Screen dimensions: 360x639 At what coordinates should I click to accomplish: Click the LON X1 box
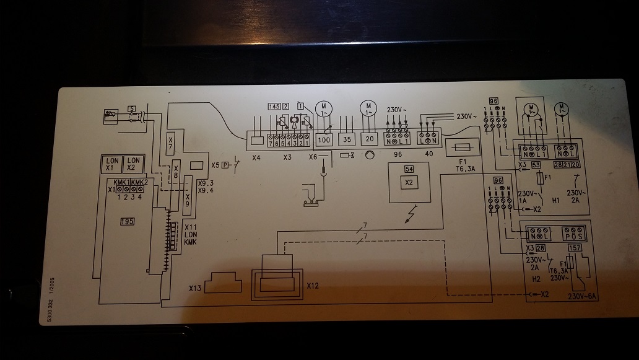(x=111, y=164)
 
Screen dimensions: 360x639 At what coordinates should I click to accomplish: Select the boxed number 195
(x=128, y=221)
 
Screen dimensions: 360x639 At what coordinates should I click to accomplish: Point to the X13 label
(x=196, y=288)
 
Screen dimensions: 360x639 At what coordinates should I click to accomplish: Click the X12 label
(x=313, y=286)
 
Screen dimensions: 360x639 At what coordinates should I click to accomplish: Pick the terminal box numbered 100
(x=323, y=140)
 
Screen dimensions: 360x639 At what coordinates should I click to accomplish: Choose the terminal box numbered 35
(x=347, y=140)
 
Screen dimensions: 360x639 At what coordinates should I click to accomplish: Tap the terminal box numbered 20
(x=370, y=140)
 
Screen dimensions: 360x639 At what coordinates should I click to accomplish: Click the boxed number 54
(x=409, y=169)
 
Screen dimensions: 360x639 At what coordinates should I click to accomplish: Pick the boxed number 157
(x=575, y=249)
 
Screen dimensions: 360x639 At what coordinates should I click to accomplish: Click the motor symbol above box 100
(x=324, y=109)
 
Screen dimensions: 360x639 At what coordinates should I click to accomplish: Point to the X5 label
(x=215, y=165)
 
